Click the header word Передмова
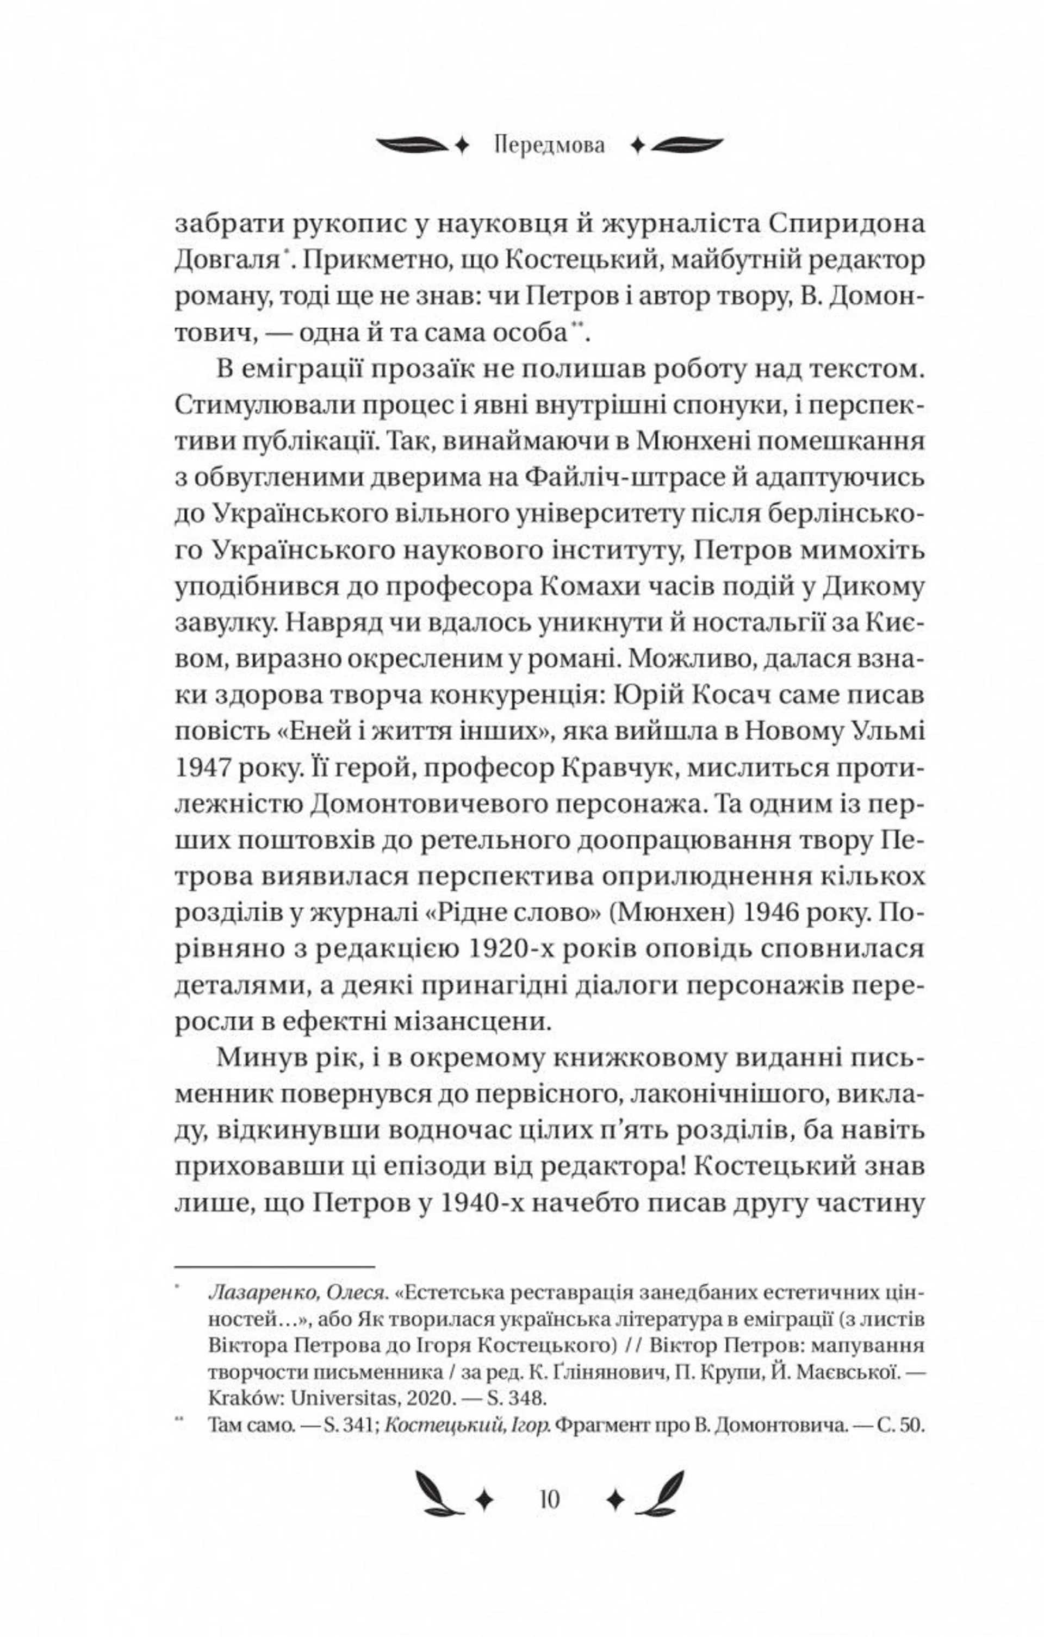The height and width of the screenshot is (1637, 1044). pyautogui.click(x=550, y=146)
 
